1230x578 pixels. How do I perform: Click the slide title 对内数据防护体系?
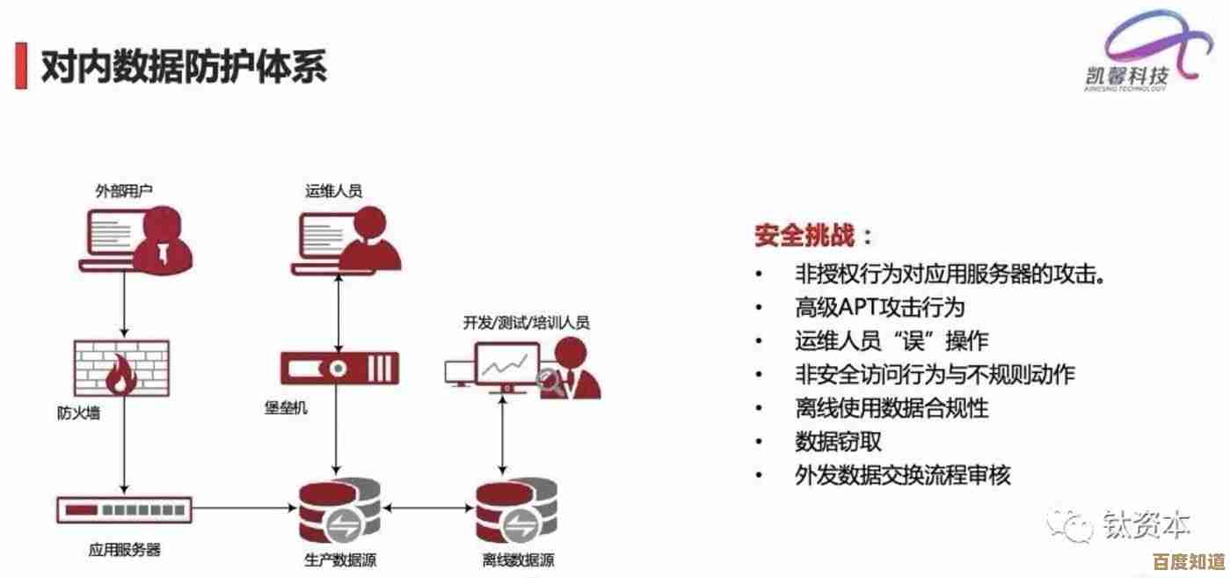184,65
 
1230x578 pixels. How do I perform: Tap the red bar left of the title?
20,65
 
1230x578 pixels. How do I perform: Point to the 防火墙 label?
78,412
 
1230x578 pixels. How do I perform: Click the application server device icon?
125,508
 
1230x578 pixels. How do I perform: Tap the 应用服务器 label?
124,551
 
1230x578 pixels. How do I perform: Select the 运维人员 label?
333,190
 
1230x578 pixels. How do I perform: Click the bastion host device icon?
339,367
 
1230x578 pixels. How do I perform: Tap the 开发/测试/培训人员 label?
526,323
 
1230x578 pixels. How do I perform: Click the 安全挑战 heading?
814,236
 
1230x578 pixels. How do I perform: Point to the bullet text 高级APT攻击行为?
879,307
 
